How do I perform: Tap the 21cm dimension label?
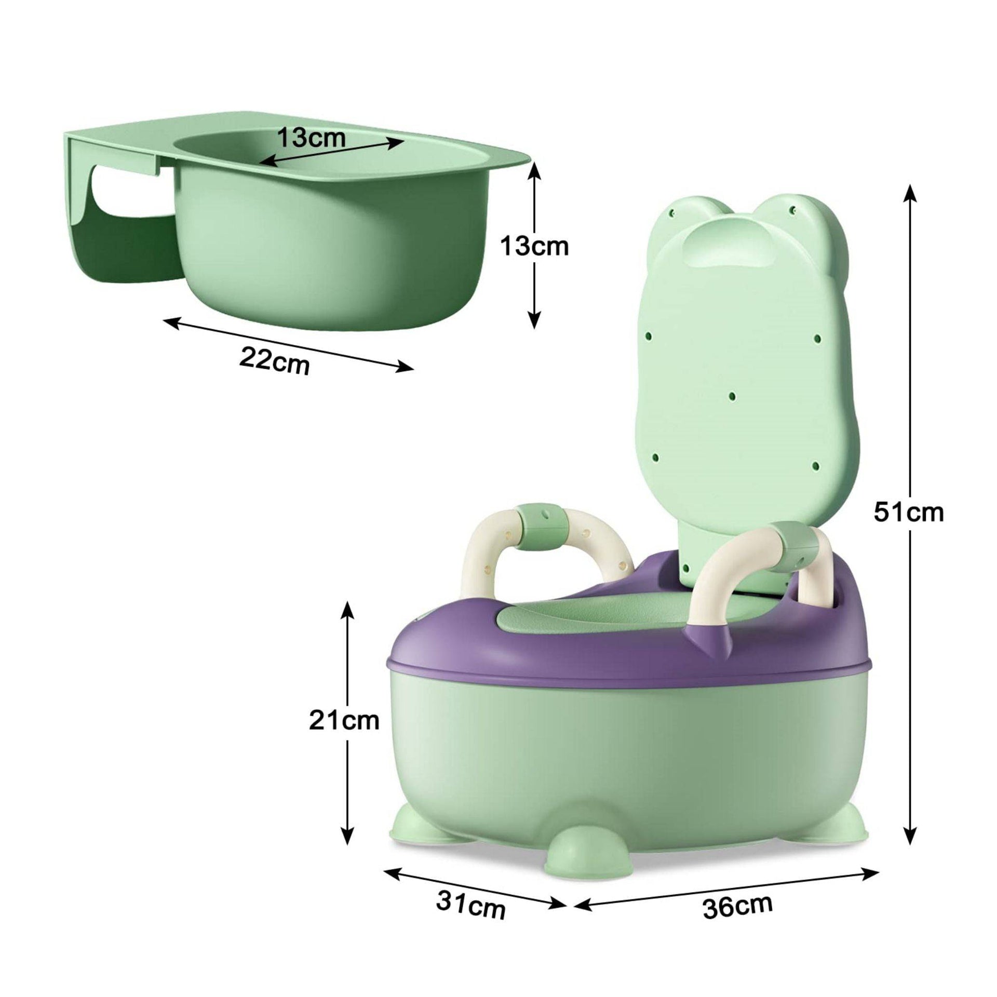point(344,721)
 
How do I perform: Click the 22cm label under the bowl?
point(275,358)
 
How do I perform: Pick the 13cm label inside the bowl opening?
point(311,138)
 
